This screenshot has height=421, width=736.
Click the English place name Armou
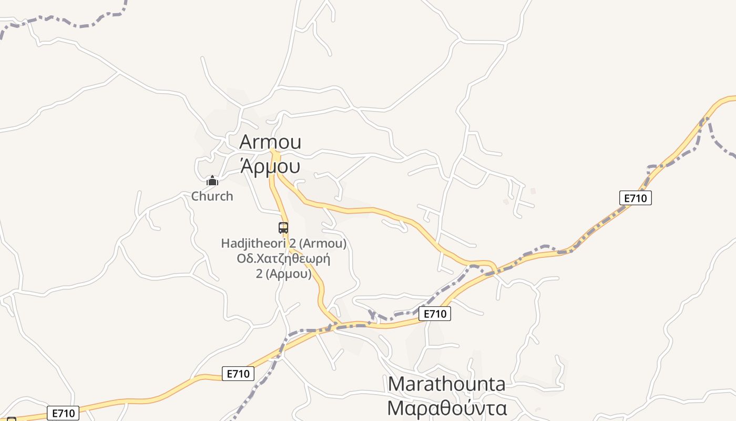point(270,142)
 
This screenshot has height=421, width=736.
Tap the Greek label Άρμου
point(270,166)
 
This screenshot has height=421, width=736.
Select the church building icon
point(212,181)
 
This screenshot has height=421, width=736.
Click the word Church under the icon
point(212,196)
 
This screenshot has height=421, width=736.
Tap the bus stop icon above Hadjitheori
point(283,228)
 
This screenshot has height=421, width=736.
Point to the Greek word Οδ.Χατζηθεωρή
point(283,259)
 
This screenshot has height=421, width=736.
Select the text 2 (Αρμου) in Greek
point(283,274)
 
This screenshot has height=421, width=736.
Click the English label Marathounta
point(447,384)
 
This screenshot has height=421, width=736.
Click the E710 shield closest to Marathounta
point(435,314)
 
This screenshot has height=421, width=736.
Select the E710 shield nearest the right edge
point(636,198)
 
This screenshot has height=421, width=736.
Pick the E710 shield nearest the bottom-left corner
point(63,413)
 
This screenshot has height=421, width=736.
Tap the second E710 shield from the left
point(238,374)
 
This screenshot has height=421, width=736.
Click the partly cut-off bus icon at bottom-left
point(11,419)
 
